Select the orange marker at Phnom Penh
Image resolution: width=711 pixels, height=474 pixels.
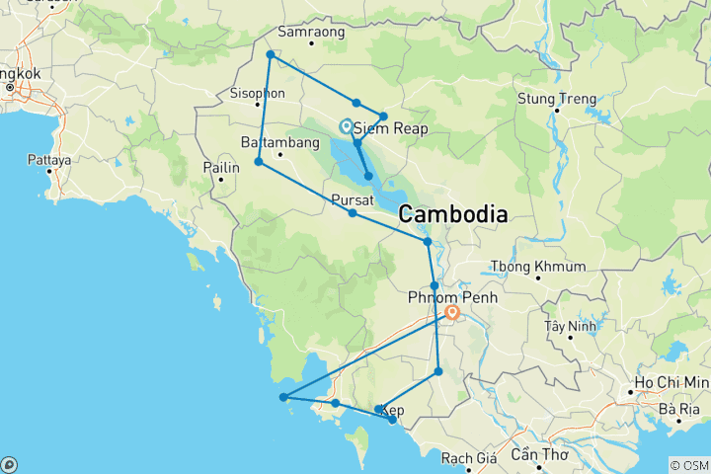[x=452, y=313]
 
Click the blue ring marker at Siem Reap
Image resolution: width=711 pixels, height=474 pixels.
[x=346, y=125]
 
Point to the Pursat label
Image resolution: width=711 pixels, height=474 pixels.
[x=352, y=198]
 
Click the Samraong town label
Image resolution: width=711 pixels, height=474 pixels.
[x=310, y=31]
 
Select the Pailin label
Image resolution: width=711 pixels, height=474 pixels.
[x=221, y=169]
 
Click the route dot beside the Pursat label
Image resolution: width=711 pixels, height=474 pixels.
[x=353, y=213]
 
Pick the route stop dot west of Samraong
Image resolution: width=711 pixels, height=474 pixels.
[x=270, y=54]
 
